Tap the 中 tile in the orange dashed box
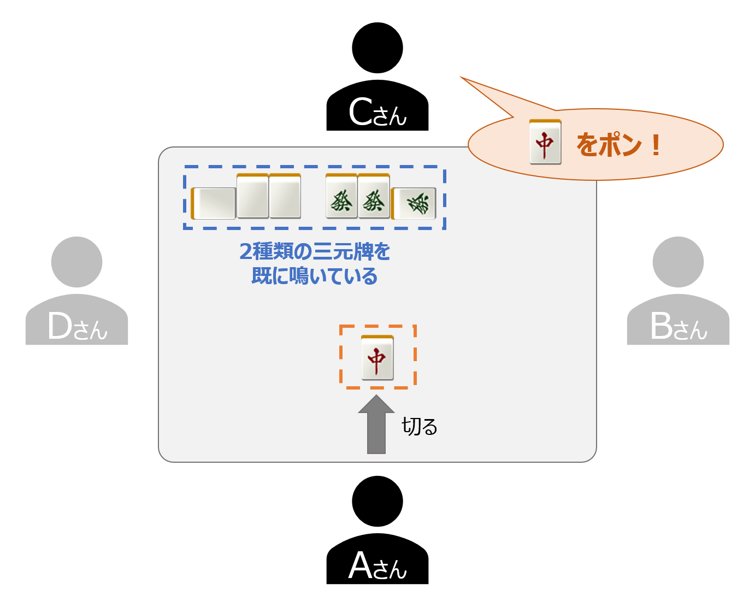click(377, 358)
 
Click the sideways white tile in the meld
click(214, 203)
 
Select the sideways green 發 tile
click(415, 203)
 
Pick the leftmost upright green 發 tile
click(341, 197)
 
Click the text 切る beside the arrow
click(420, 427)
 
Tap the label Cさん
click(377, 113)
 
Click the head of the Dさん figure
click(76, 262)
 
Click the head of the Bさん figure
click(678, 262)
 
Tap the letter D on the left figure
click(60, 327)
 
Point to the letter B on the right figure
click(660, 327)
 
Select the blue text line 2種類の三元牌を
click(315, 251)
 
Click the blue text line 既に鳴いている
click(315, 276)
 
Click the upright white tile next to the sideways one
click(252, 197)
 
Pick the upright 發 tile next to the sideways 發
click(374, 197)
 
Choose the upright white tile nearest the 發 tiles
click(285, 197)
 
